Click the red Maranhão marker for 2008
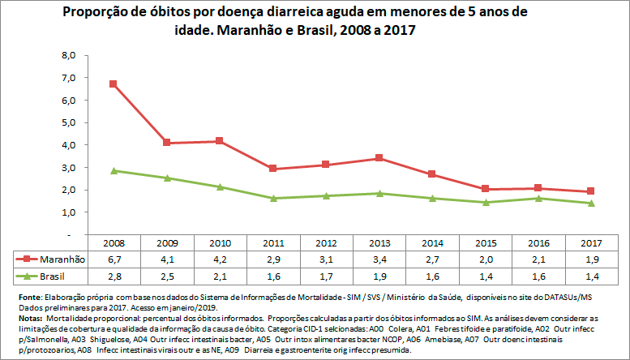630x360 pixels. point(114,84)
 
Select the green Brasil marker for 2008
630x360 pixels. point(114,171)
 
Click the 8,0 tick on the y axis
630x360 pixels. point(69,55)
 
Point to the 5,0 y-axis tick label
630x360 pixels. point(69,122)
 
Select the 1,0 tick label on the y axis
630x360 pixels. point(69,212)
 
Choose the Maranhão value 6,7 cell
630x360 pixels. point(114,259)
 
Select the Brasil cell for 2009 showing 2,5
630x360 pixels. point(166,276)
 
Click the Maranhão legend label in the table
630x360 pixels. point(61,259)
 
